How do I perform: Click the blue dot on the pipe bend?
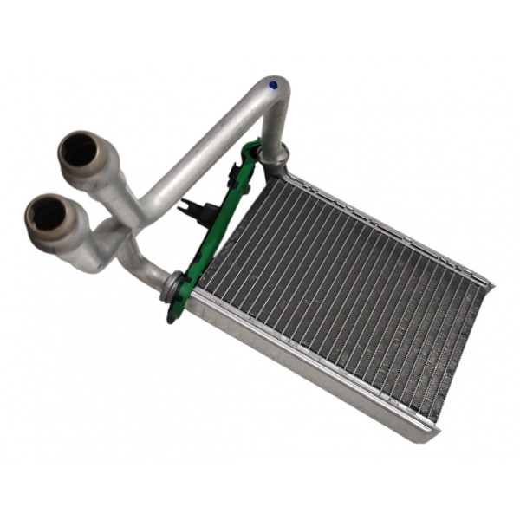pyautogui.click(x=274, y=85)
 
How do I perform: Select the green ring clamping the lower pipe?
pyautogui.click(x=176, y=284)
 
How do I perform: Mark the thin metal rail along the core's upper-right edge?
pyautogui.click(x=390, y=221)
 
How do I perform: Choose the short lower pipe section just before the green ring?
pyautogui.click(x=152, y=273)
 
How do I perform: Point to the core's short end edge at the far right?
pyautogui.click(x=464, y=355)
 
